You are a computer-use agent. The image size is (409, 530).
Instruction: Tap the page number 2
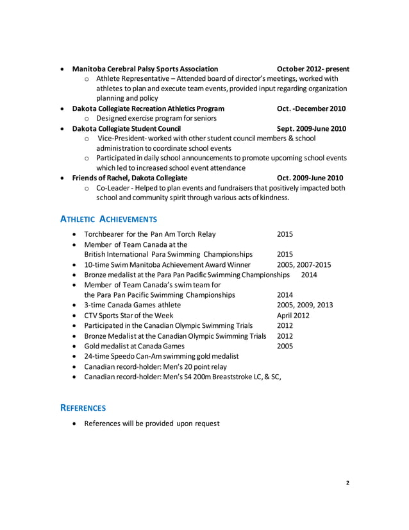click(347, 483)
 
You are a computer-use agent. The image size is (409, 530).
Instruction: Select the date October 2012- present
click(313, 69)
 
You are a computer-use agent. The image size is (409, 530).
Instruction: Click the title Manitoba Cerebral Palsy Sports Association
click(145, 69)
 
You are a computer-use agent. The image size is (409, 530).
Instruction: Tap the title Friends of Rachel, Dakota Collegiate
click(130, 178)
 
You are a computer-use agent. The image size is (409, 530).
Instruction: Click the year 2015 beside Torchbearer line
click(285, 234)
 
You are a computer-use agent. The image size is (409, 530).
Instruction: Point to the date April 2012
click(293, 315)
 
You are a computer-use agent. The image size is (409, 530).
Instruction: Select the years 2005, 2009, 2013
click(305, 305)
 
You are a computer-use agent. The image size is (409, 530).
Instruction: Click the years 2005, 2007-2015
click(304, 264)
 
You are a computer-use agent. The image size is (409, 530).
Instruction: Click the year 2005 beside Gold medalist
click(285, 345)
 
